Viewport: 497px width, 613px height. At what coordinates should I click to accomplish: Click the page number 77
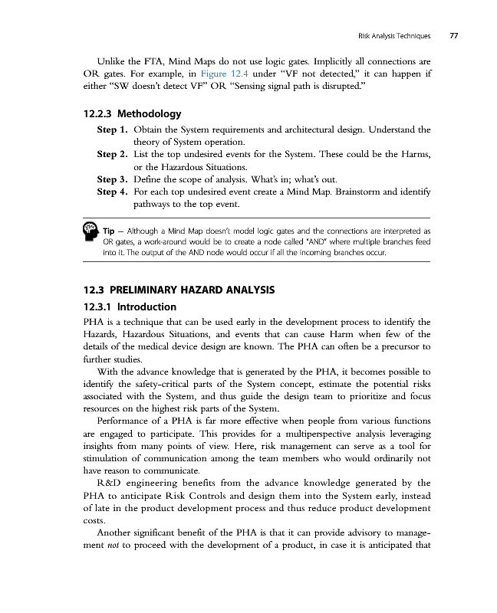(454, 34)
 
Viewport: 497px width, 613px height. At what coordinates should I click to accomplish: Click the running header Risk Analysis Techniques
(393, 34)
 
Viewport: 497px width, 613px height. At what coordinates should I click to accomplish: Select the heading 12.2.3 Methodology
(131, 114)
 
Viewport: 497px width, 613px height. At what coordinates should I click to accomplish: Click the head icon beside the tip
(90, 230)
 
